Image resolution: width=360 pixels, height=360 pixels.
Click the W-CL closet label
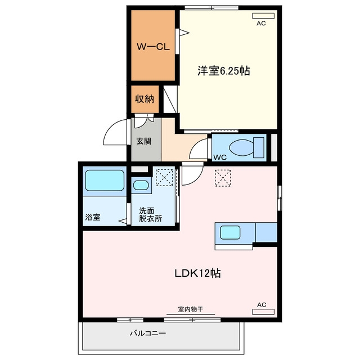(x=153, y=47)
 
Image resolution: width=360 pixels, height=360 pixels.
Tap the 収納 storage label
(x=145, y=99)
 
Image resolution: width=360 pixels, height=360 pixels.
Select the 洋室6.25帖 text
(x=224, y=71)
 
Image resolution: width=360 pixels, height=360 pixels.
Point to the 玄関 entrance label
(x=144, y=141)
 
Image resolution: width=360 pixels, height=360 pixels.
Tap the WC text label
(x=220, y=157)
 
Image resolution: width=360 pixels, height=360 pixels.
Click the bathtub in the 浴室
(x=105, y=181)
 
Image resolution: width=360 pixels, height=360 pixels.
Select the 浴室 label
(x=93, y=217)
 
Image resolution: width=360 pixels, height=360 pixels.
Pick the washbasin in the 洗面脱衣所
(x=141, y=185)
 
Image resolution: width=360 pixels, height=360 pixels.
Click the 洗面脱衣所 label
(x=150, y=215)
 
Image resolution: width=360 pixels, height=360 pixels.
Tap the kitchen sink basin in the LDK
(x=230, y=232)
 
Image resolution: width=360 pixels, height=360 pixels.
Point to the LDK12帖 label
(x=197, y=273)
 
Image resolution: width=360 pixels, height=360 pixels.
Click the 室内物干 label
(x=191, y=309)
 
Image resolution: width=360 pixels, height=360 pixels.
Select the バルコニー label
(x=148, y=333)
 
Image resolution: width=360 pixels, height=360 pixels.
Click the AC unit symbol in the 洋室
(x=263, y=16)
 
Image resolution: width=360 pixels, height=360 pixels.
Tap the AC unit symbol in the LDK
(x=263, y=312)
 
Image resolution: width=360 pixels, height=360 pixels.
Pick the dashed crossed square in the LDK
(x=223, y=178)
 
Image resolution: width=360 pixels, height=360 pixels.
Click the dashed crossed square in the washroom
(x=164, y=177)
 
